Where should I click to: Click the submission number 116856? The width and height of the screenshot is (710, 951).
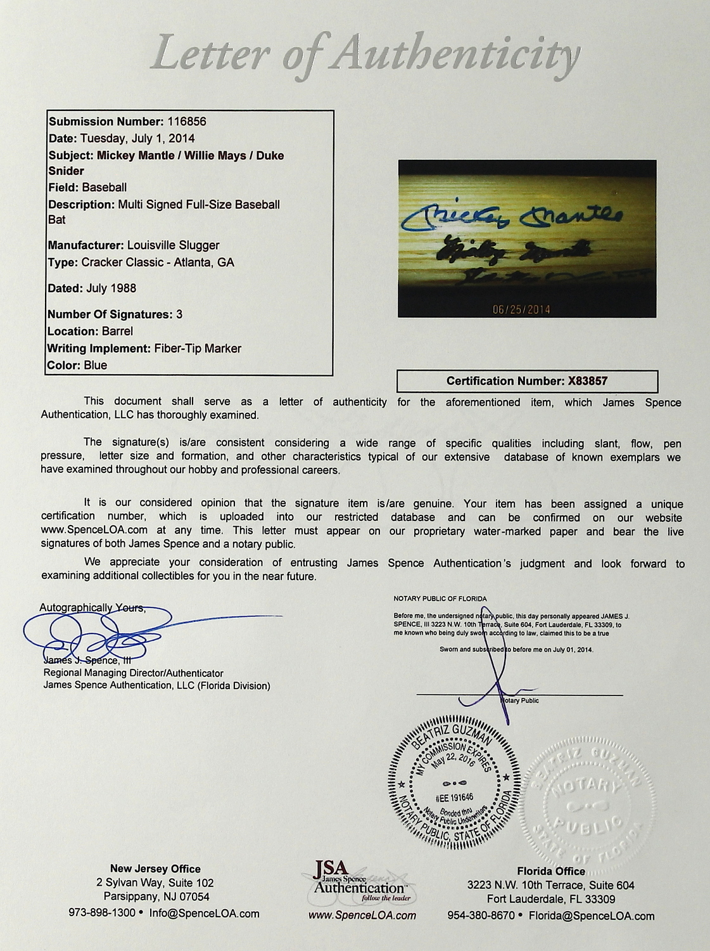point(186,122)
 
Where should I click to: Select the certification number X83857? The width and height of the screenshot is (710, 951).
point(587,381)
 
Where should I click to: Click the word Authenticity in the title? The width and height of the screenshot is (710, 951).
point(456,53)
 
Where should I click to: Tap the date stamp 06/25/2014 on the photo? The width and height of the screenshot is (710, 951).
point(521,309)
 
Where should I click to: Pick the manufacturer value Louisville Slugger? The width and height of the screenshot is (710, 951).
point(173,245)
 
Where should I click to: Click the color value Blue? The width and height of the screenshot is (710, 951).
point(95,365)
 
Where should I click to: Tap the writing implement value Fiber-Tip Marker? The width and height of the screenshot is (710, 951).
point(198,348)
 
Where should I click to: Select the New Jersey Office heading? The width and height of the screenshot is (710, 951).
point(155,869)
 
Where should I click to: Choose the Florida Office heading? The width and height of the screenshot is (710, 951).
point(550,871)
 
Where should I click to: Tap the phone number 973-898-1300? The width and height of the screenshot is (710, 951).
point(102,913)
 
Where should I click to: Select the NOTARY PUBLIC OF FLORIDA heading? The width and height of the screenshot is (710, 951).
point(440,598)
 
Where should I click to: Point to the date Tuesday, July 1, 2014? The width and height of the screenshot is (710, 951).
point(137,138)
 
